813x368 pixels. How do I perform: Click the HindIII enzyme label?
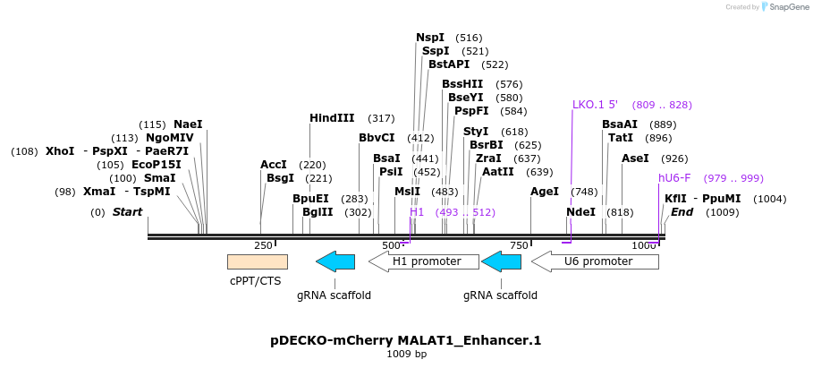(332, 118)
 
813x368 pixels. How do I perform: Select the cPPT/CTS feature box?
(258, 261)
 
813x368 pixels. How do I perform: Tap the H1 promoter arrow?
(426, 261)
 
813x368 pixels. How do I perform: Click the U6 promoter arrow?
(596, 261)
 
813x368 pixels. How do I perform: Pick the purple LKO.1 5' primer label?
(595, 105)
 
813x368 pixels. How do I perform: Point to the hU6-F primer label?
(674, 178)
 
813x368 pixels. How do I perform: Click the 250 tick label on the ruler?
(263, 245)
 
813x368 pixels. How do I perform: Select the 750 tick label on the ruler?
(519, 245)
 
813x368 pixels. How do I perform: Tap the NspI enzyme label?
(430, 38)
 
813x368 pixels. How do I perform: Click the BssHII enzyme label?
(462, 84)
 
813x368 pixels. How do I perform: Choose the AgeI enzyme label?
(545, 192)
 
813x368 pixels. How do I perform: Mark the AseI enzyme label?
(635, 158)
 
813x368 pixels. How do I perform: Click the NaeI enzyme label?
(188, 124)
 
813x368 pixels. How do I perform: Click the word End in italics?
(682, 212)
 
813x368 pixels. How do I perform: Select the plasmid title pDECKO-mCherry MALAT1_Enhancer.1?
(406, 340)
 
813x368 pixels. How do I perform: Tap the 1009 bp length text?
(406, 354)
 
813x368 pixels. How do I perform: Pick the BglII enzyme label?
(318, 212)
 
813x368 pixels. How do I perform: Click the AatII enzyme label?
(498, 172)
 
